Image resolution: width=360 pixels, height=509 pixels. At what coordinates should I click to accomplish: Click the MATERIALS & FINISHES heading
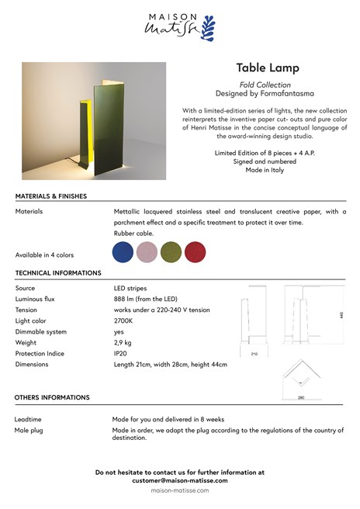[51, 196]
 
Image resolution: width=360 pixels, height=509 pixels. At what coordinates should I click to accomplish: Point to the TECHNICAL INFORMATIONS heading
[58, 273]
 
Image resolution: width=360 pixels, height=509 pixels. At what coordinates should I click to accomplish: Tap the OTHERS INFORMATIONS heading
[52, 397]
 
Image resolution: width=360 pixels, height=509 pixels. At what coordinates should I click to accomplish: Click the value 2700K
[123, 320]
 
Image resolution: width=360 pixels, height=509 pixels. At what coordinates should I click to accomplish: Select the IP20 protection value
[122, 353]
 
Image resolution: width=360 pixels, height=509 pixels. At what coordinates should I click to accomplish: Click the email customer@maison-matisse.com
[180, 480]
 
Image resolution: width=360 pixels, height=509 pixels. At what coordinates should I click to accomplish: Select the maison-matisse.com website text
[180, 491]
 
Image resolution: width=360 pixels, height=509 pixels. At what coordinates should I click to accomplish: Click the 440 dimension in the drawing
[341, 316]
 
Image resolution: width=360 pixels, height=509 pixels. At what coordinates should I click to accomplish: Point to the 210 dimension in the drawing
[254, 353]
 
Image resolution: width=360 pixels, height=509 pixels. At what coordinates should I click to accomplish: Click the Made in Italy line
[265, 170]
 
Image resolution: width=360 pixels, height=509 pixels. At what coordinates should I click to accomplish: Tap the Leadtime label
[29, 419]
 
